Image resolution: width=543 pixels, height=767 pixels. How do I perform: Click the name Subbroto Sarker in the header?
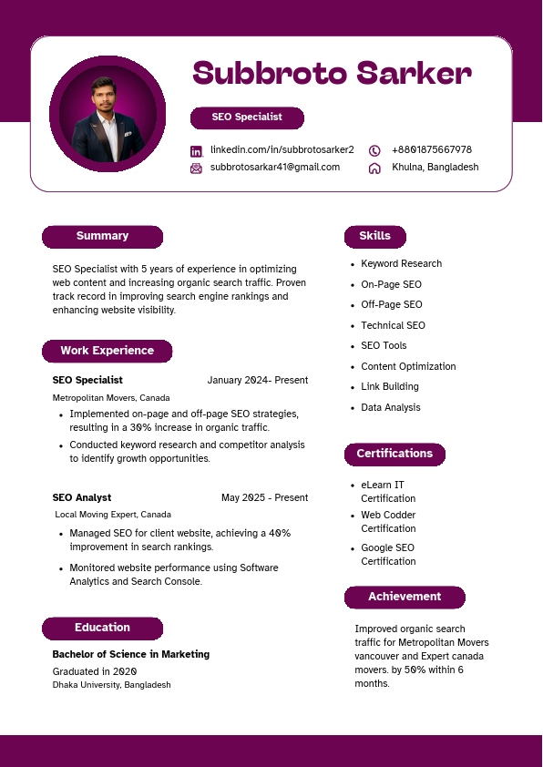click(332, 73)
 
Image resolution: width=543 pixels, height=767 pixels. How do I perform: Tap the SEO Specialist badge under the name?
click(247, 118)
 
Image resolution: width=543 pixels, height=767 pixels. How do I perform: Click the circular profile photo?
click(108, 114)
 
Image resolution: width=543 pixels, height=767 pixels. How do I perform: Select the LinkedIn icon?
click(196, 150)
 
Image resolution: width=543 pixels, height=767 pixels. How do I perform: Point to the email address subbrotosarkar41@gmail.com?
click(274, 168)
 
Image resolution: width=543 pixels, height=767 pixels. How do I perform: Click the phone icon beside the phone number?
click(374, 150)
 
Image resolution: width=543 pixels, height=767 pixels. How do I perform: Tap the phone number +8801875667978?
click(431, 150)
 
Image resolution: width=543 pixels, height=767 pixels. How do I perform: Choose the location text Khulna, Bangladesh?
click(435, 168)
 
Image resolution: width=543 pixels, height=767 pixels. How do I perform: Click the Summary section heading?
click(102, 237)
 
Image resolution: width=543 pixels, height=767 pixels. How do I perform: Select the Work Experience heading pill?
click(107, 351)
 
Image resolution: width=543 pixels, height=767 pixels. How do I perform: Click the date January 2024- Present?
click(257, 381)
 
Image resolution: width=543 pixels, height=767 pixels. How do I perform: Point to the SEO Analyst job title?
click(82, 498)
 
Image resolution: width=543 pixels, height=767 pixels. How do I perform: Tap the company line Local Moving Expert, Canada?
click(113, 515)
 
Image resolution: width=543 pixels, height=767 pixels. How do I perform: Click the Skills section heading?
click(374, 237)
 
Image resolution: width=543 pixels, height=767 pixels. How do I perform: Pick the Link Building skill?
click(390, 387)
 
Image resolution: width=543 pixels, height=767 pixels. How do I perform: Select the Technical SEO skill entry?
click(393, 326)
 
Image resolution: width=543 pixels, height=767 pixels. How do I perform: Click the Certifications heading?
click(394, 454)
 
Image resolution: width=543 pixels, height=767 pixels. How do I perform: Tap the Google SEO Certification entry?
click(387, 555)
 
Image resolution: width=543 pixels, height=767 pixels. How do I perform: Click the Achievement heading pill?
click(405, 598)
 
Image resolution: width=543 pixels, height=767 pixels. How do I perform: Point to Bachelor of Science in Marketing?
click(131, 655)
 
